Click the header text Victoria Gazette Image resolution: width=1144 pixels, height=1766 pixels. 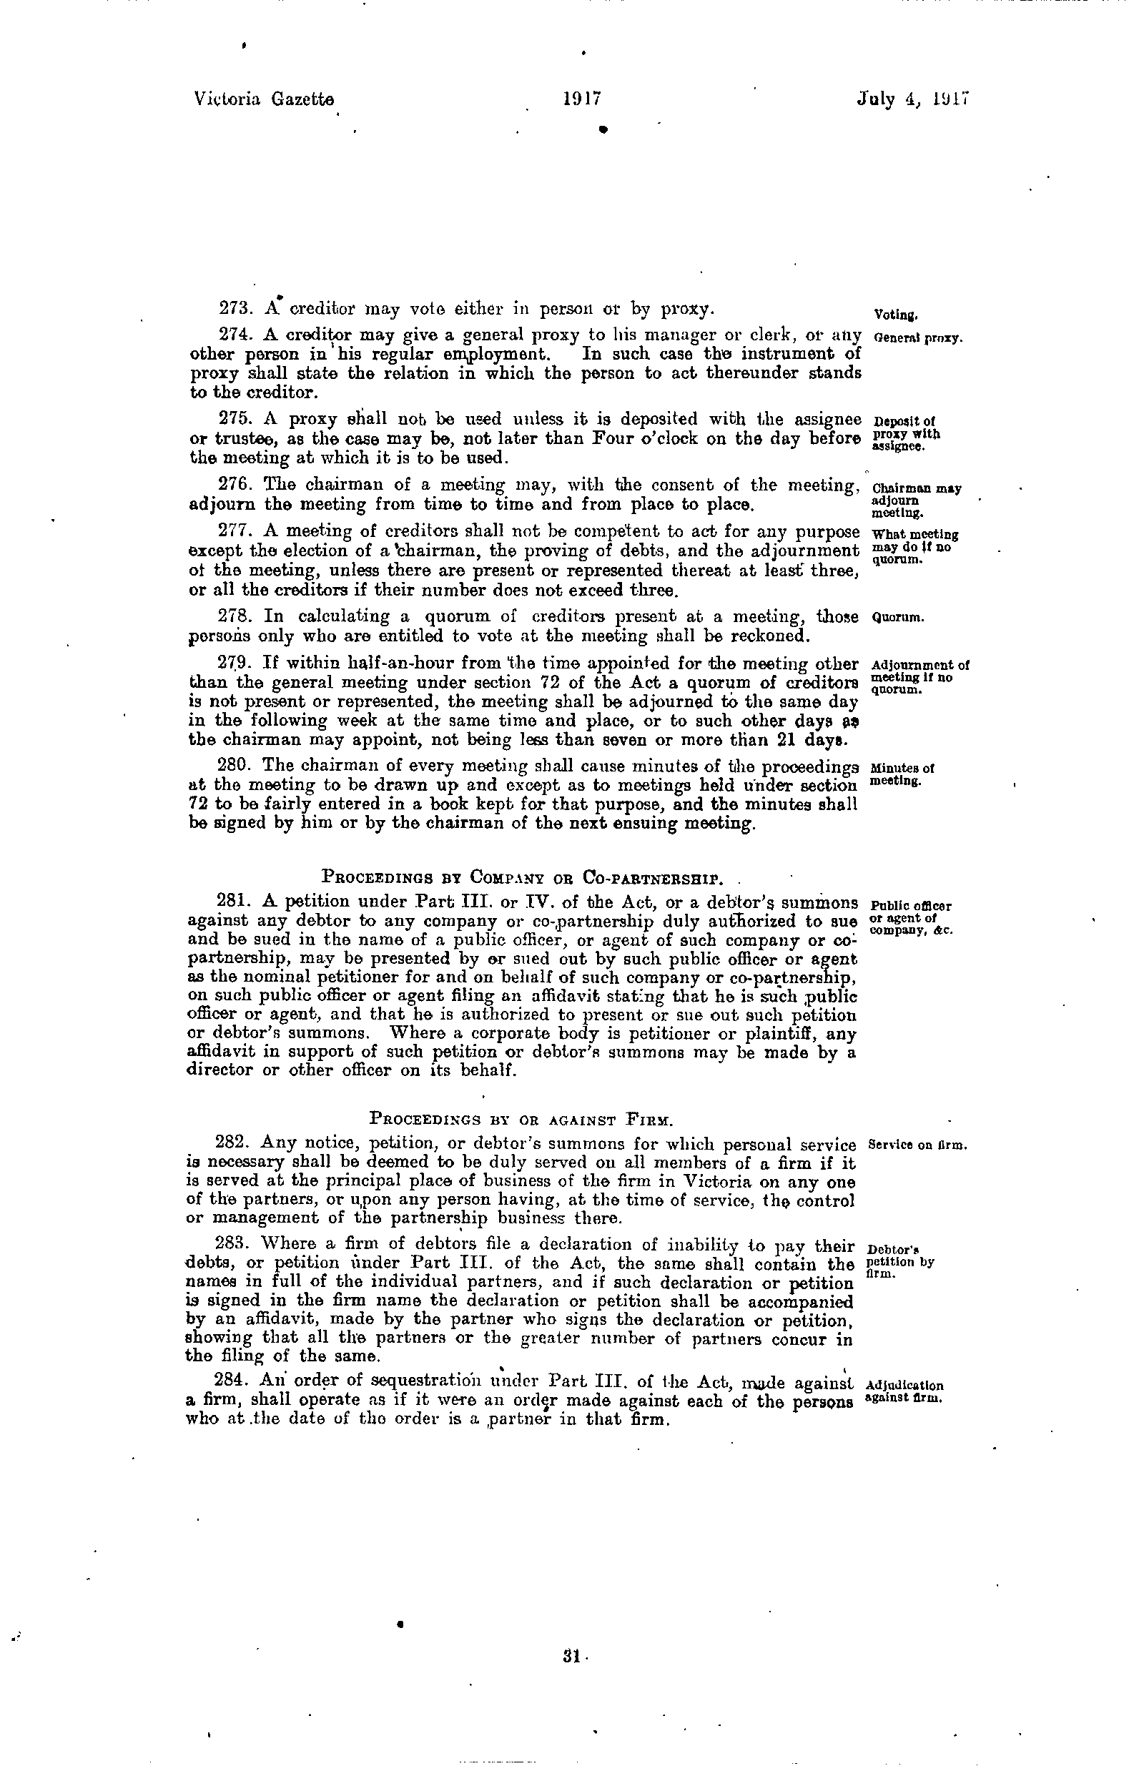pyautogui.click(x=263, y=99)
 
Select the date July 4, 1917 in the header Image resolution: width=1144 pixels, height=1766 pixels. pyautogui.click(x=914, y=99)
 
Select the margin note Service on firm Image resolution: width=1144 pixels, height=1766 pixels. pyautogui.click(x=917, y=1145)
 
